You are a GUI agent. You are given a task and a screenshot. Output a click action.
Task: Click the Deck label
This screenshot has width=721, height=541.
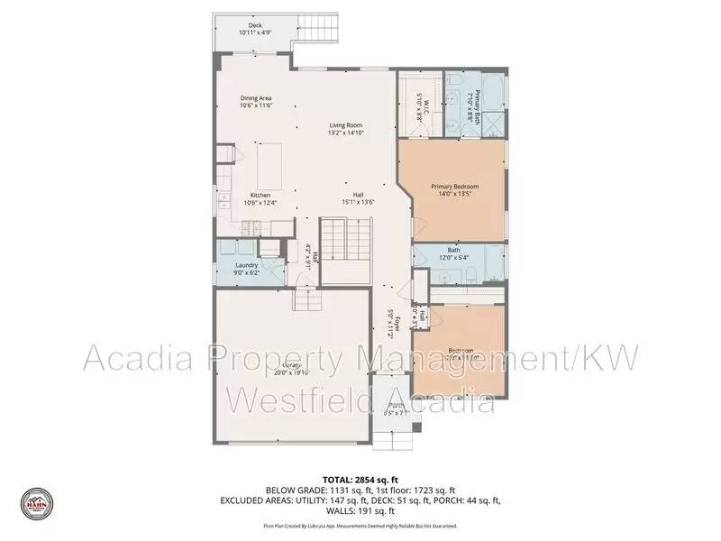(x=255, y=25)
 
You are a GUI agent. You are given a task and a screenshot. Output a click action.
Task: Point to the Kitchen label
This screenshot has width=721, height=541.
(x=260, y=195)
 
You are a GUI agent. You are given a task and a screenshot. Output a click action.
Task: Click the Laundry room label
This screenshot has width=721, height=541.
(x=246, y=265)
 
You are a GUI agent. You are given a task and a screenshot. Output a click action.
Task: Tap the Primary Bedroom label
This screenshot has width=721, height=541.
(x=454, y=187)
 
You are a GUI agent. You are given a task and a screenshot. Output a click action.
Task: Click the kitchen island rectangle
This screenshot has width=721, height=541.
(x=270, y=165)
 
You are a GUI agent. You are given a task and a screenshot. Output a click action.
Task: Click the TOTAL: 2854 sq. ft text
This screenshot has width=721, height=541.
(x=360, y=478)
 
